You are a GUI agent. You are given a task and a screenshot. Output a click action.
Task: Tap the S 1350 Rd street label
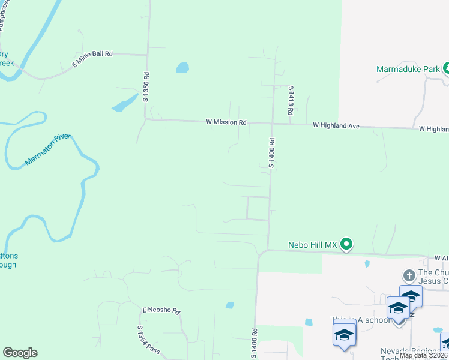tap(145, 86)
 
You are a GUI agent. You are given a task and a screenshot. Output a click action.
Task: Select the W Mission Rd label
tap(226, 122)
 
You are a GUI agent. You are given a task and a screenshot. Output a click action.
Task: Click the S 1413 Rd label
tap(291, 100)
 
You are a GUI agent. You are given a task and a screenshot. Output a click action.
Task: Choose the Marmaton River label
tap(47, 151)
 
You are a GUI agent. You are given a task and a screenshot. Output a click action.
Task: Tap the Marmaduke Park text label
tap(408, 69)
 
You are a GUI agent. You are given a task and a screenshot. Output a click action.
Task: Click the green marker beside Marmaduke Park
tap(447, 68)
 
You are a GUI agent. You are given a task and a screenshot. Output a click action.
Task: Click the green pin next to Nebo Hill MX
tap(346, 244)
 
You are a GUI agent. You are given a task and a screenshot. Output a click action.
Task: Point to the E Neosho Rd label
tap(161, 311)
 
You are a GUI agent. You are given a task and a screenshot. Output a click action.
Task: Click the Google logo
tap(20, 353)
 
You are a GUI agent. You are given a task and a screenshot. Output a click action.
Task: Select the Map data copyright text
tap(424, 355)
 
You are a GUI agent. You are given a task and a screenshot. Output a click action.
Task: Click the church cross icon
tap(409, 275)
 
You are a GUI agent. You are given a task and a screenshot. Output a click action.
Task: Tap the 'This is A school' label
tap(360, 320)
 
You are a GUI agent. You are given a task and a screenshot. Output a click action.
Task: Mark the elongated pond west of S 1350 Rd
tap(124, 103)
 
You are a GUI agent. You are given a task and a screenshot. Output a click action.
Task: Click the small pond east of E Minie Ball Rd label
tap(182, 67)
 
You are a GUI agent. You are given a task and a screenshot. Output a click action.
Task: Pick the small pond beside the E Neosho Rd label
tap(229, 305)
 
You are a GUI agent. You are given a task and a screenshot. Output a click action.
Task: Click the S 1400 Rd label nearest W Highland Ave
tap(271, 153)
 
